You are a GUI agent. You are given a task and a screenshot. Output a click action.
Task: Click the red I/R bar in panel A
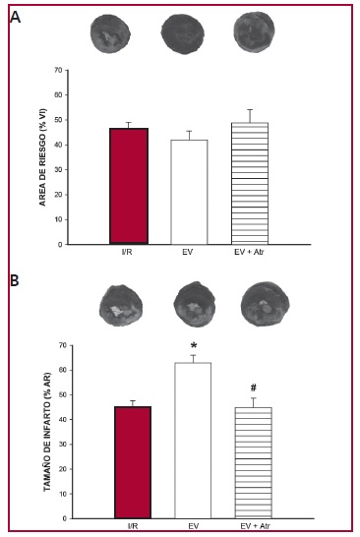coord(129,186)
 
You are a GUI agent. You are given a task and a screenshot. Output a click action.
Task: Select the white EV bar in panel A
coord(189,192)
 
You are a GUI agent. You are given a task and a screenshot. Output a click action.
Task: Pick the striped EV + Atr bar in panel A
coord(250,184)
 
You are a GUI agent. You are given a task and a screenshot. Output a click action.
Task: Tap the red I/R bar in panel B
coord(133,462)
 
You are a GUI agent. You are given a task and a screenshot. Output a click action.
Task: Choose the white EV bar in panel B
coord(193,441)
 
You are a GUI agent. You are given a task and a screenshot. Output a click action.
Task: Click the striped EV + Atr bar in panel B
coord(254,463)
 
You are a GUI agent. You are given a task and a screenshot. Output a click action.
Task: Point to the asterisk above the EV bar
coord(194,346)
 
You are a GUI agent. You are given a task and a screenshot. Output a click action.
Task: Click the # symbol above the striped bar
coord(254,388)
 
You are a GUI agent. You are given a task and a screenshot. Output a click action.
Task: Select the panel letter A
coord(15,17)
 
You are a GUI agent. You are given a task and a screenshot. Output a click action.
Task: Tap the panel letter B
coord(15,280)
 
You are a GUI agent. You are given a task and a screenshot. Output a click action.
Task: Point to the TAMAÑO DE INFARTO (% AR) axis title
coord(46,432)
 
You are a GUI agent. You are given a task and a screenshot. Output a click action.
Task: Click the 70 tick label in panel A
coord(58,70)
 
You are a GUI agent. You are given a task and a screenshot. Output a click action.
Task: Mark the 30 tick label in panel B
coord(62,445)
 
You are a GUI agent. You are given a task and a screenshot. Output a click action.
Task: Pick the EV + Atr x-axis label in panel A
coord(250,252)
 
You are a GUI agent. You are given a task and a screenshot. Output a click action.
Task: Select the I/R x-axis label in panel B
coord(133,526)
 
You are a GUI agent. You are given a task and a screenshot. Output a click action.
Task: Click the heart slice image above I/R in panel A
coord(110,33)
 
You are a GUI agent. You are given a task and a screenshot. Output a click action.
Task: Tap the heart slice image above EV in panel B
coord(194,305)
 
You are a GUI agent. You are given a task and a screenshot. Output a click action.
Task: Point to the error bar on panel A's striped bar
coord(250,116)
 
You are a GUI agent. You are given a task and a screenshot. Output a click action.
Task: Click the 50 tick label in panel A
coord(58,120)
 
